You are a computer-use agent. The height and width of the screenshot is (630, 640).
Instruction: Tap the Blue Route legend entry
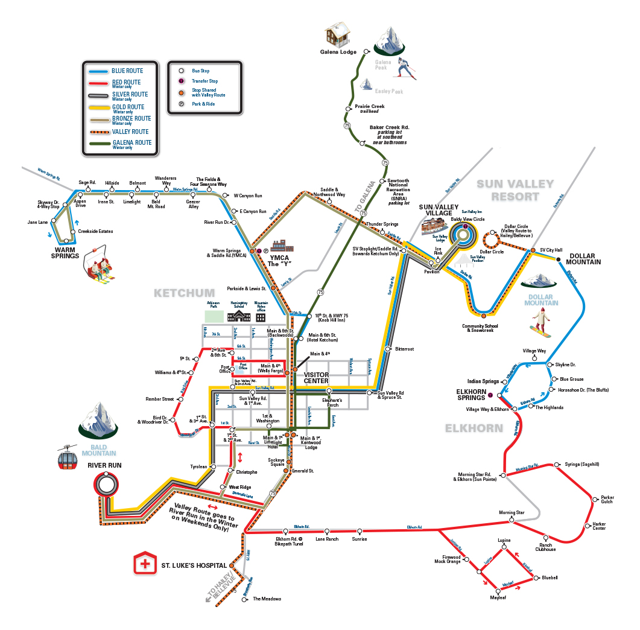pos(127,71)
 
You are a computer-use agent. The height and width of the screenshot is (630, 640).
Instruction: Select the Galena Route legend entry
pos(131,143)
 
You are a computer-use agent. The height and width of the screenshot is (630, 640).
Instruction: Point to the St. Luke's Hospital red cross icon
pos(145,565)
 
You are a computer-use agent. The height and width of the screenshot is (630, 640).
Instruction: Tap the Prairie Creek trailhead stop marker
pos(347,109)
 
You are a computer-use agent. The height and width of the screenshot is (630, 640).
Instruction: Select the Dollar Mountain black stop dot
pos(559,259)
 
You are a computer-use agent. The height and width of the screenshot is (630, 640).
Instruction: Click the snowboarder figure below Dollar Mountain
pos(540,322)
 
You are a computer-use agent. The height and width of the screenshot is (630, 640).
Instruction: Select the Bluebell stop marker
pos(536,578)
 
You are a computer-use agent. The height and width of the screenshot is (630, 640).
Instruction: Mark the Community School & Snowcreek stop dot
pos(484,315)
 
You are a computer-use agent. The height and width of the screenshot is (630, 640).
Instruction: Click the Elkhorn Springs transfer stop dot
pos(490,395)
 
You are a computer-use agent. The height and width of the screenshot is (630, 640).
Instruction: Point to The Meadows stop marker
pos(247,599)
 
